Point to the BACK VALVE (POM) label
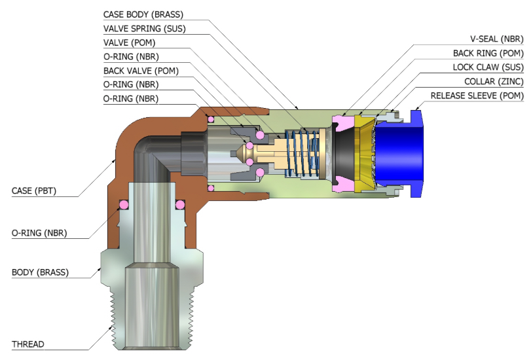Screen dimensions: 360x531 [x=141, y=71]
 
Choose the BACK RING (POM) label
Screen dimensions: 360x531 [x=488, y=53]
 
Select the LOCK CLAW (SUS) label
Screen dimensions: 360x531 [x=488, y=67]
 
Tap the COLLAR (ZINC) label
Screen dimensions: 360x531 [x=492, y=82]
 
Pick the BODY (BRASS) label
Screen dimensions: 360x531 [x=40, y=272]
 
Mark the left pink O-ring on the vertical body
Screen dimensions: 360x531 [x=122, y=205]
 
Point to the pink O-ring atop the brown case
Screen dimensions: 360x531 [x=211, y=118]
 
